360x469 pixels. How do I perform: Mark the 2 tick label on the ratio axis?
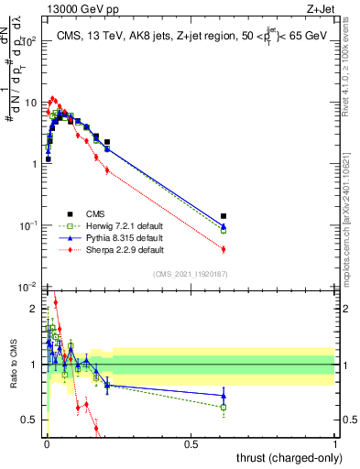coord(33,309)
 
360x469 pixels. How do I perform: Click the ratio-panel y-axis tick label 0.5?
coord(29,420)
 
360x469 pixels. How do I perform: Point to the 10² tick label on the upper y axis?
coord(29,41)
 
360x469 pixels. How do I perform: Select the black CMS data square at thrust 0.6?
coord(224,216)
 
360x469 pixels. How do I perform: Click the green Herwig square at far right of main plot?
coord(224,231)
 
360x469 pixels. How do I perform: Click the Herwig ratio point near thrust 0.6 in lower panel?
coord(224,407)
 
